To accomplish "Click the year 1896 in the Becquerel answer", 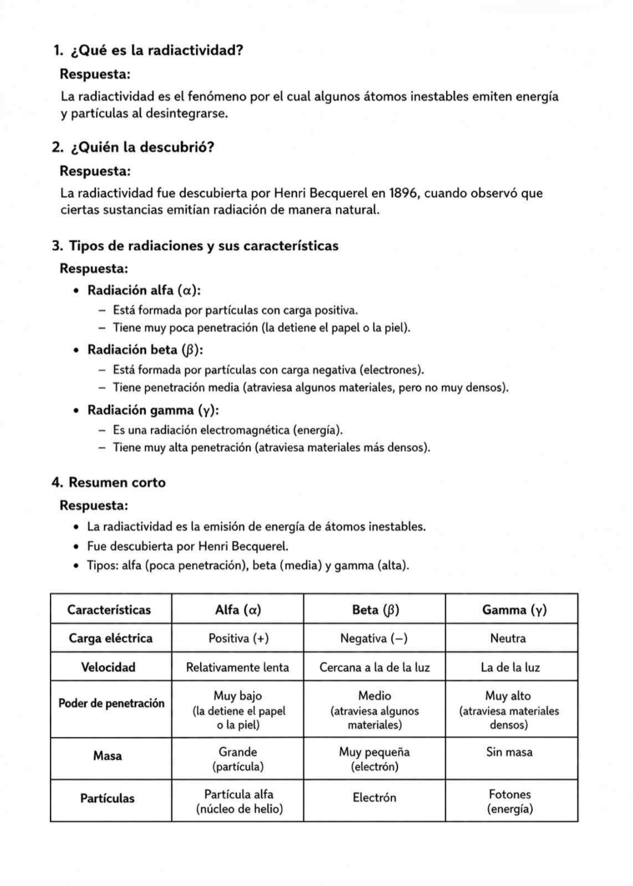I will (404, 193).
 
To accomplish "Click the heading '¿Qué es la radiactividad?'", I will (157, 51).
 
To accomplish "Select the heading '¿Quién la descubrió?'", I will (142, 148).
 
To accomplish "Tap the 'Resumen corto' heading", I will (117, 482).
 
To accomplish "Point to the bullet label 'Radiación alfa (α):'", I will (144, 290).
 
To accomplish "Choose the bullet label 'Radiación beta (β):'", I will (145, 350).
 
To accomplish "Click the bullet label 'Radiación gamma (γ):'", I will (153, 410).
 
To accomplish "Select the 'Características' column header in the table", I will (109, 610).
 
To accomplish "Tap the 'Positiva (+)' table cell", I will (238, 638).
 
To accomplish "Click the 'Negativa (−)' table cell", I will (374, 638).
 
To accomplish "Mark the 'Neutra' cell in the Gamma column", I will (508, 638).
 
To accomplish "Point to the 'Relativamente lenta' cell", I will (237, 667).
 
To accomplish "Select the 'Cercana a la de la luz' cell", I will (375, 667).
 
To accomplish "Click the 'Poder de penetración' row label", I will (111, 703).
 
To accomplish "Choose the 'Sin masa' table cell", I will (509, 752).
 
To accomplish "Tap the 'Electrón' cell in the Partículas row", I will (375, 797).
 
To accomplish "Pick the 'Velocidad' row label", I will (108, 667).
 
